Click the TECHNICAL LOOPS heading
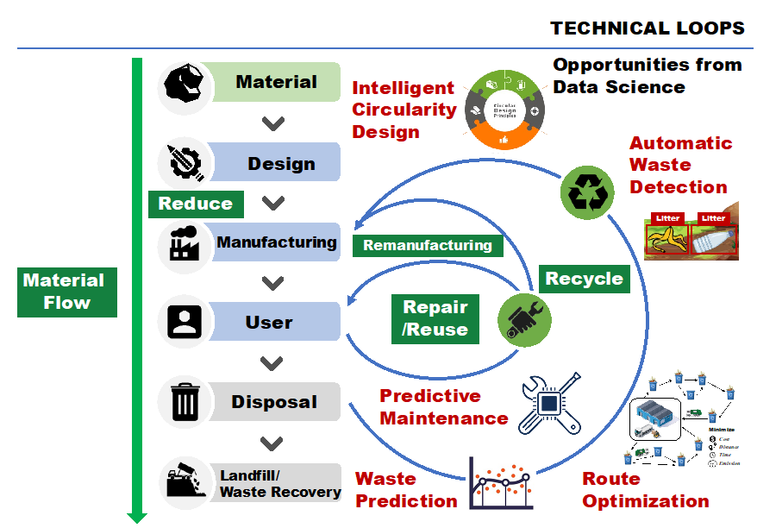[648, 28]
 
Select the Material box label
[277, 82]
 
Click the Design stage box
[281, 163]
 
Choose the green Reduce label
[196, 204]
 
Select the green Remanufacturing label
[427, 245]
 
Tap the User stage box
[269, 322]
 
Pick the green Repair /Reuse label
[435, 317]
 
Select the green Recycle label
[584, 279]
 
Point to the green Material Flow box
[66, 292]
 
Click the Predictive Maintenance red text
[443, 407]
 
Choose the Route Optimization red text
[645, 490]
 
